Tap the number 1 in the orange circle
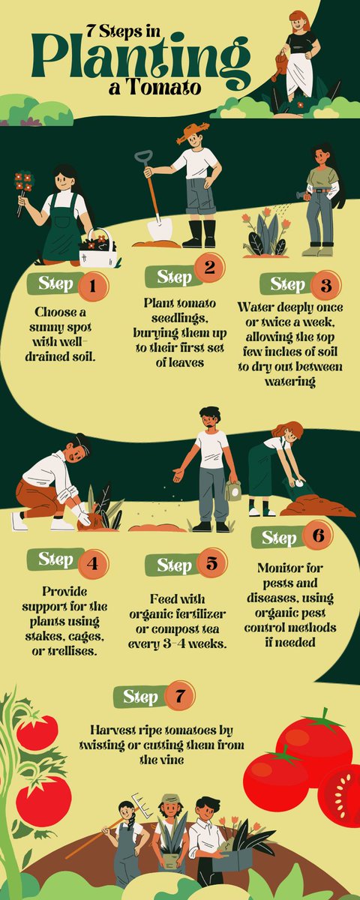(x=93, y=286)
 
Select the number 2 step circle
(x=209, y=267)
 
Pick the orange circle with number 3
(x=325, y=285)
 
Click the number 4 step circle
(x=93, y=564)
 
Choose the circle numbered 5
(x=211, y=563)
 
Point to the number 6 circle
(x=318, y=535)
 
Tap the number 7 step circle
(x=179, y=695)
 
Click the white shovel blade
(x=160, y=229)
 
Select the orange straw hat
(x=193, y=133)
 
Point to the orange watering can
(x=279, y=65)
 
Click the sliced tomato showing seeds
(x=340, y=791)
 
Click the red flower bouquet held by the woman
(x=24, y=183)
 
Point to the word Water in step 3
(x=255, y=307)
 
